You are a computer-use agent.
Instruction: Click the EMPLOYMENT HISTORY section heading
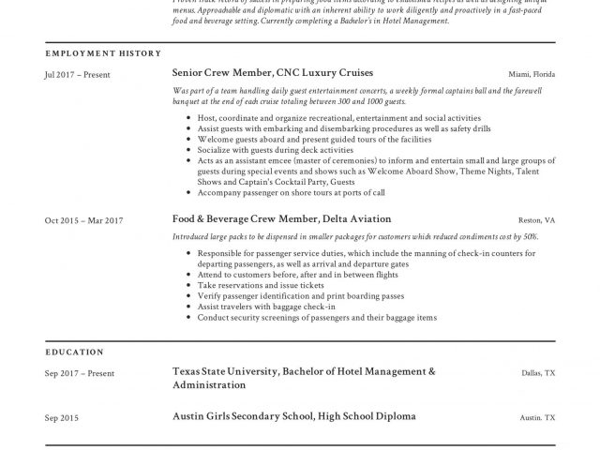[x=102, y=53]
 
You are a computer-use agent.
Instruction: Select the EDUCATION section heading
[x=75, y=352]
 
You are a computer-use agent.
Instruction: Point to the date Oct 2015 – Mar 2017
[x=84, y=220]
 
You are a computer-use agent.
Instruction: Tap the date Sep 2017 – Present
[x=80, y=373]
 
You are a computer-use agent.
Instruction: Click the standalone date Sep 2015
[x=63, y=416]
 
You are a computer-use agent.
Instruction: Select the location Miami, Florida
[x=532, y=73]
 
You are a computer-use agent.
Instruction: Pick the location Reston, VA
[x=537, y=220]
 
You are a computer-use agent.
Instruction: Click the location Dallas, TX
[x=538, y=373]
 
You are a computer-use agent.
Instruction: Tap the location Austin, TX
[x=538, y=416]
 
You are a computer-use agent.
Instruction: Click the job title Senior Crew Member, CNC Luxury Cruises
[x=272, y=72]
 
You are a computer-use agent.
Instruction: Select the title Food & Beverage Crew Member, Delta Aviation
[x=280, y=219]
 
